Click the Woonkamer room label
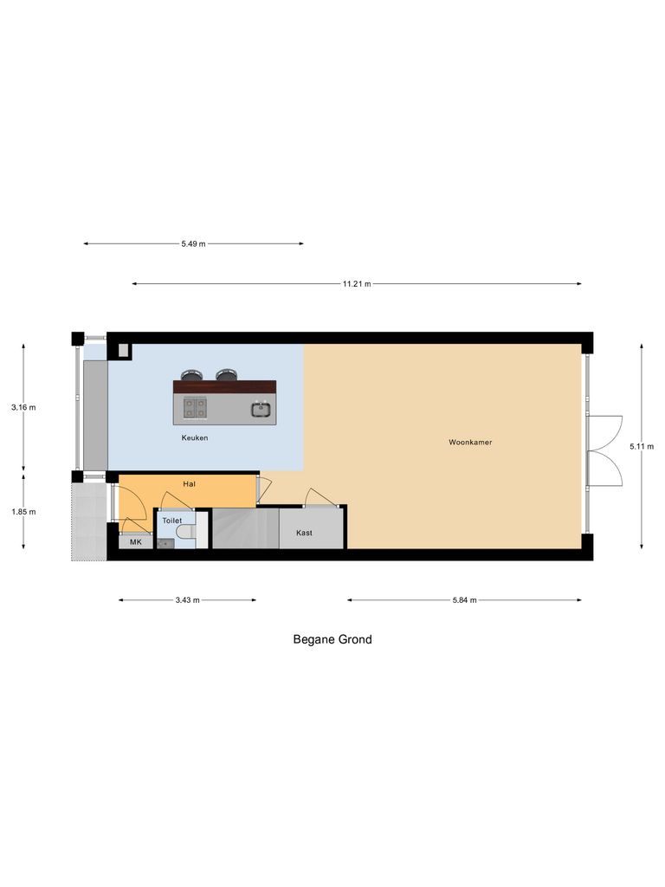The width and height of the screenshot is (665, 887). click(x=470, y=443)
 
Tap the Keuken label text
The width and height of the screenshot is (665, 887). click(x=195, y=438)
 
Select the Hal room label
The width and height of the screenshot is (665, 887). click(x=190, y=484)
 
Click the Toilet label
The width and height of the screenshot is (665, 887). click(x=171, y=521)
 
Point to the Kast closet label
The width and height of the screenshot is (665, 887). click(x=304, y=533)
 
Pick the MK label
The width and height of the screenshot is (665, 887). click(x=135, y=543)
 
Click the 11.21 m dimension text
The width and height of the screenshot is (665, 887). click(x=356, y=284)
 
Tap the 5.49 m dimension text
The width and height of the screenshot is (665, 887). click(x=193, y=244)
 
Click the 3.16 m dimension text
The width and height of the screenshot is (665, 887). click(x=23, y=407)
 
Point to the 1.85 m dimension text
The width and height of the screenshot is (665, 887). click(x=23, y=512)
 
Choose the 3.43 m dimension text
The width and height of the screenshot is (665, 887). click(x=187, y=599)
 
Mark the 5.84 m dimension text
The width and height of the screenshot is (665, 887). click(x=464, y=599)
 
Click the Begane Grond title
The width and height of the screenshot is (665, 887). click(x=332, y=640)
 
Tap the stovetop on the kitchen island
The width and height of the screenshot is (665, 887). click(x=195, y=407)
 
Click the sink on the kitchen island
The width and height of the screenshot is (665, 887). click(x=259, y=409)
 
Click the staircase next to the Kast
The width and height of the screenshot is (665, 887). click(x=246, y=528)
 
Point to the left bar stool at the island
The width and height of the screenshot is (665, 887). click(x=190, y=376)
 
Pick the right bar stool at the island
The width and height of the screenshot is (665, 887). click(x=227, y=375)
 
